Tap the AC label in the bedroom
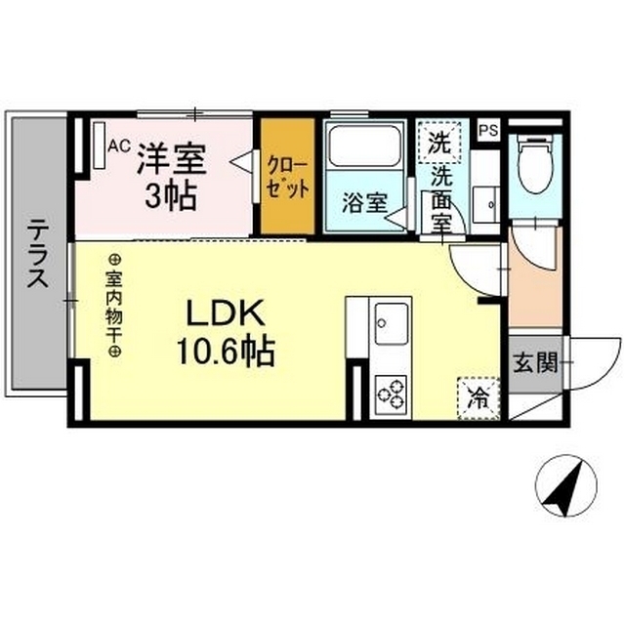coord(118,146)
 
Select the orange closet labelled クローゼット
coord(287,176)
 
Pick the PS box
coord(487,129)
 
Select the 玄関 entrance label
coord(534,364)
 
